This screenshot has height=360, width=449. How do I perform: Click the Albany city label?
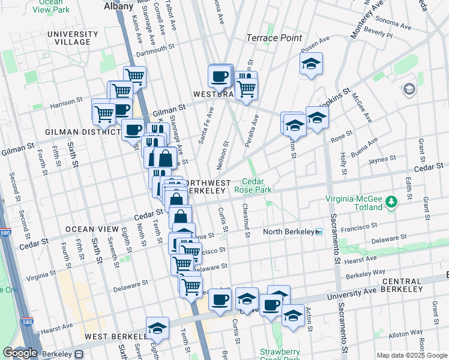point(118,5)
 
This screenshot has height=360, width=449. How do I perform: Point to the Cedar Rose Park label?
point(258,185)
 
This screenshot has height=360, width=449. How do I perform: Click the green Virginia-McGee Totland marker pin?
point(391,200)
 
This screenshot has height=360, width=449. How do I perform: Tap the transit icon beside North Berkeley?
point(319,232)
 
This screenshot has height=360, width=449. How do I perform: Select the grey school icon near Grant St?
point(409,89)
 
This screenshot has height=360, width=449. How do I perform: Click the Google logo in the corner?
point(20,353)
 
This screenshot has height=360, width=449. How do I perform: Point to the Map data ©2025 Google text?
point(412,355)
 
